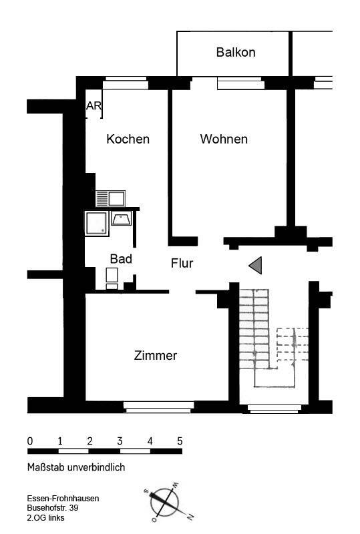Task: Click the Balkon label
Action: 236,52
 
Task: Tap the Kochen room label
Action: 128,139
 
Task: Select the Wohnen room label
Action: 224,139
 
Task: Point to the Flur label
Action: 182,263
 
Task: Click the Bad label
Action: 121,259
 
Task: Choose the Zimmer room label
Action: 156,355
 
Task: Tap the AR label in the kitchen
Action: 94,106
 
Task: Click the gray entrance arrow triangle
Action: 255,265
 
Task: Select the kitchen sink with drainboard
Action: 110,198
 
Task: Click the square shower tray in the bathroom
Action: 97,223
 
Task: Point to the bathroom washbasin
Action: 122,218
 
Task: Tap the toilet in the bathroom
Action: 112,278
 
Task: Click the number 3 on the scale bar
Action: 120,441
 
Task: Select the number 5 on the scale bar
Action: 180,441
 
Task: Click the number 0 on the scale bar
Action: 30,441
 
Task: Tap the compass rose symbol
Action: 167,503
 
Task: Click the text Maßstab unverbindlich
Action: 76,467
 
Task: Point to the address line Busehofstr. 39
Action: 53,508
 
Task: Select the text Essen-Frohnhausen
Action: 63,498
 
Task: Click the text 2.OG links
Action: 45,518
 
